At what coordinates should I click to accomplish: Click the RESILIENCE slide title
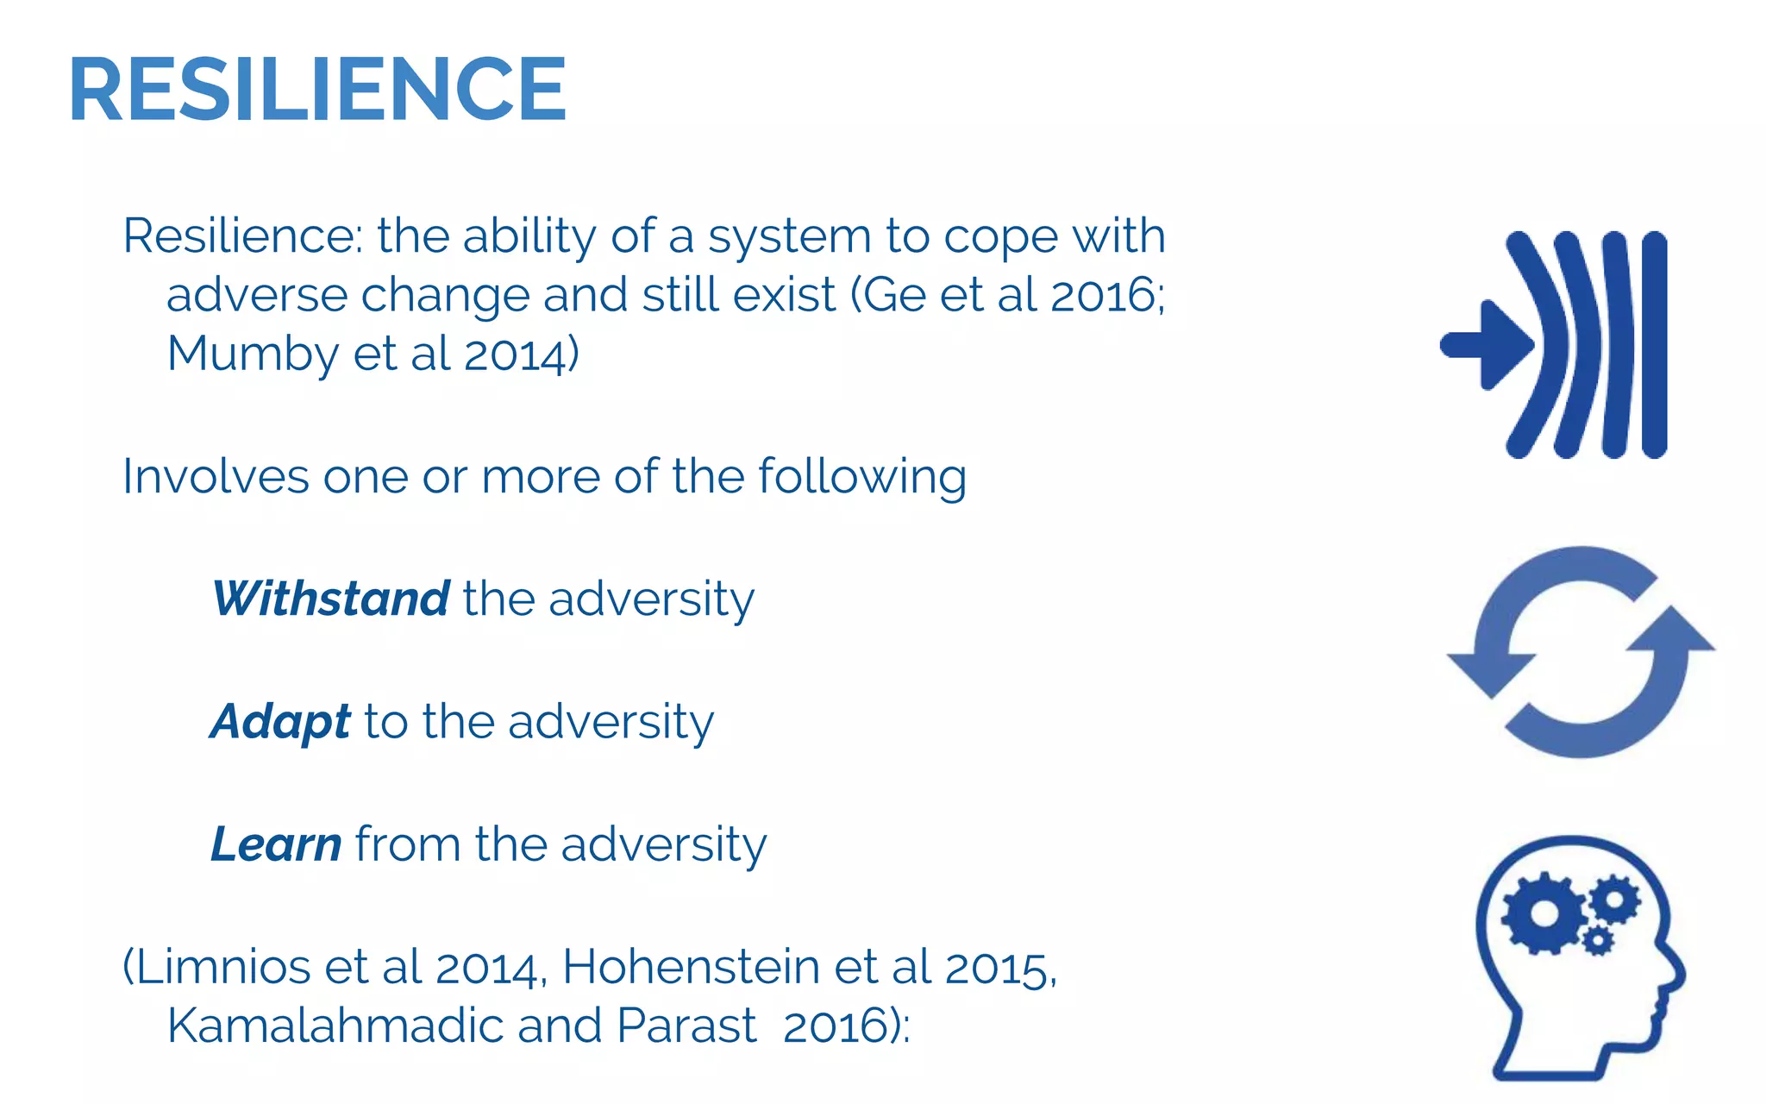point(317,90)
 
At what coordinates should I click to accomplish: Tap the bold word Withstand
point(331,599)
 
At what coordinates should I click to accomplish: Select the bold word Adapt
point(280,721)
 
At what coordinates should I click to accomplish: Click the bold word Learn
point(277,844)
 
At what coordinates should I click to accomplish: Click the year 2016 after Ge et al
point(1105,295)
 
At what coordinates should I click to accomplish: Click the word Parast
point(686,1026)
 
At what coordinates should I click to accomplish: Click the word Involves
point(216,476)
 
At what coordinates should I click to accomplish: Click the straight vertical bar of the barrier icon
point(1654,345)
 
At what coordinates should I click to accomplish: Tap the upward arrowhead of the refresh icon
point(1673,630)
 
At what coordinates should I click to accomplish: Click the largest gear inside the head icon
point(1544,914)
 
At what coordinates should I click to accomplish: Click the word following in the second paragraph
point(862,476)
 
